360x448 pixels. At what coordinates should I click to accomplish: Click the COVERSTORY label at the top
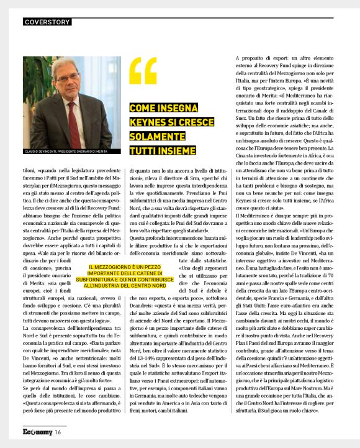pyautogui.click(x=47, y=22)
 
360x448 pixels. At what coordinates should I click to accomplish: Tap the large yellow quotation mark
pyautogui.click(x=143, y=71)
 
